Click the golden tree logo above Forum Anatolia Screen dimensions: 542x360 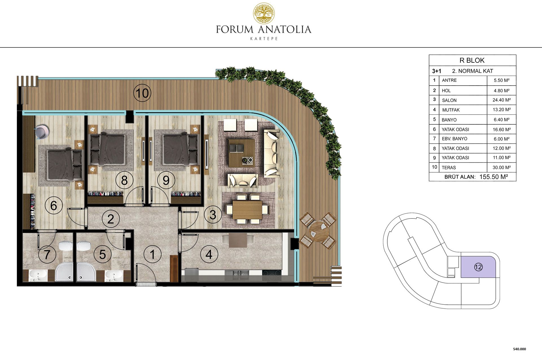click(264, 13)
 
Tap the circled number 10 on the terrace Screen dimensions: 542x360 click(142, 93)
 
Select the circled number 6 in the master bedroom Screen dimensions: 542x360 click(54, 206)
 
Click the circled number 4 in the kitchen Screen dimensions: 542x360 click(209, 254)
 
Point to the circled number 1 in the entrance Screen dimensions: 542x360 click(152, 254)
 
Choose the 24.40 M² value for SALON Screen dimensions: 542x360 click(501, 100)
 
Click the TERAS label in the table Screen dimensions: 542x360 click(449, 168)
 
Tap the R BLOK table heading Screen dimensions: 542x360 click(472, 60)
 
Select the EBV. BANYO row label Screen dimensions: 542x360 click(454, 139)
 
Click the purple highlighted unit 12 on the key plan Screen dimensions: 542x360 click(478, 267)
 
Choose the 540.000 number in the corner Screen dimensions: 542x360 click(519, 349)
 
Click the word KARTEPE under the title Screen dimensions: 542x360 click(264, 39)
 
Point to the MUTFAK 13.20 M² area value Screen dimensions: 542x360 click(501, 110)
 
